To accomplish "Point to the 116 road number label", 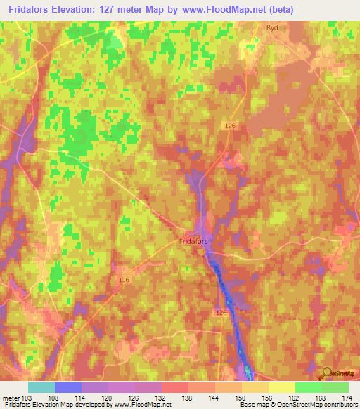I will pyautogui.click(x=124, y=280).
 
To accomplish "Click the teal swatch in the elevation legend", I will pyautogui.click(x=41, y=387).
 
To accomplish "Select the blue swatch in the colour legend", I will pyautogui.click(x=68, y=387).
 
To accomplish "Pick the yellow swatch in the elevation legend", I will pyautogui.click(x=282, y=387).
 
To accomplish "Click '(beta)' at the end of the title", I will pyautogui.click(x=276, y=9).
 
